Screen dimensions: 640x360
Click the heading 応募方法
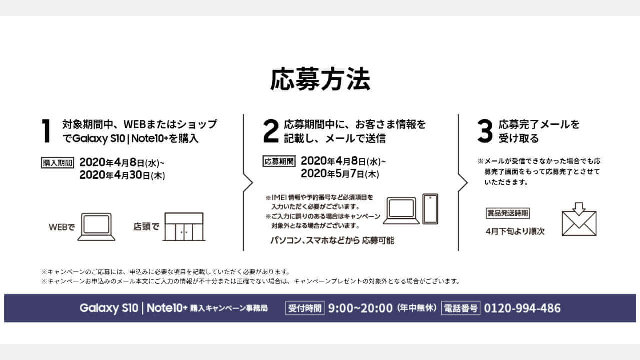(x=320, y=79)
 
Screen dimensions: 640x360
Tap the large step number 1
(x=46, y=131)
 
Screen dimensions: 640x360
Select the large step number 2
(x=270, y=131)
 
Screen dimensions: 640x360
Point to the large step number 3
(x=485, y=131)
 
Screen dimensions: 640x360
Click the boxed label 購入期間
(x=57, y=163)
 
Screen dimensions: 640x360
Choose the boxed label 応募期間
(x=279, y=161)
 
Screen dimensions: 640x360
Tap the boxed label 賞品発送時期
(x=508, y=213)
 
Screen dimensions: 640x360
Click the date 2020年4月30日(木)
(x=122, y=175)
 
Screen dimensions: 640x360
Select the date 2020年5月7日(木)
(x=340, y=173)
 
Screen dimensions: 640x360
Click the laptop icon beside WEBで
(x=96, y=227)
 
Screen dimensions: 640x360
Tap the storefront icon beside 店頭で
(x=184, y=227)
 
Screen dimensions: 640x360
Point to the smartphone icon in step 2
(x=430, y=209)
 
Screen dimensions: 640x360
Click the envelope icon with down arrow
(x=579, y=219)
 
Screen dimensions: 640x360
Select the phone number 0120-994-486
(x=522, y=308)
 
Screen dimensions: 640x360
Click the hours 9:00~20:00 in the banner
(x=360, y=308)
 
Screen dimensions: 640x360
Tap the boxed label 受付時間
(x=305, y=308)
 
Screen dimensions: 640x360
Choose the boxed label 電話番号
(x=461, y=308)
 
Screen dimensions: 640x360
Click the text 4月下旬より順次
(x=515, y=231)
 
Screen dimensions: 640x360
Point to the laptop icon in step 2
(x=401, y=211)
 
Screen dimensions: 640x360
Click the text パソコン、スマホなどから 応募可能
(x=332, y=240)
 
